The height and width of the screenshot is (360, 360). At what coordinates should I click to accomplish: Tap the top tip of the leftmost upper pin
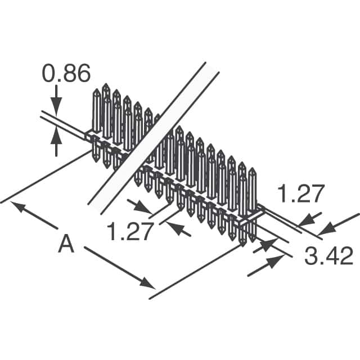(x=96, y=91)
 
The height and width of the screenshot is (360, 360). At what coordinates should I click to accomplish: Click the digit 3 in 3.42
(x=310, y=257)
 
